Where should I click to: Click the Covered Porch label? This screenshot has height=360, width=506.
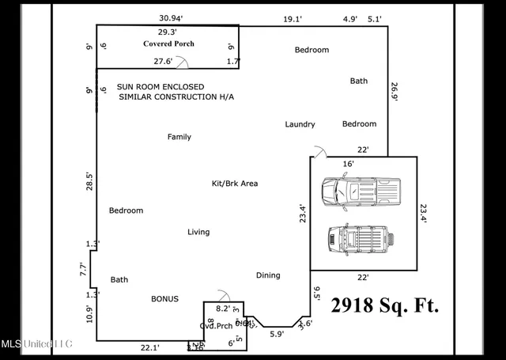(168, 44)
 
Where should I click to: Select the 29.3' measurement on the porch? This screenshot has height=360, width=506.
(167, 32)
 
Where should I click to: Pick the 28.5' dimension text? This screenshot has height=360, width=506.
(89, 180)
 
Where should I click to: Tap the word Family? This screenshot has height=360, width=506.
(179, 137)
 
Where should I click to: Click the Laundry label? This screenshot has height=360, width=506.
(300, 124)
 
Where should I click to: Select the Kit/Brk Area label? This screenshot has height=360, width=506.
(235, 184)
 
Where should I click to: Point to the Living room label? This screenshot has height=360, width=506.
(198, 232)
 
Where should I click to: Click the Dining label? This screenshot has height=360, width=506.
(268, 275)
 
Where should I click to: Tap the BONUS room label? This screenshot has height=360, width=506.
(164, 299)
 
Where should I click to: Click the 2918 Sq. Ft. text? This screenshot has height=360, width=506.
(384, 305)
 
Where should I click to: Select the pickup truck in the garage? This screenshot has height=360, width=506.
(361, 191)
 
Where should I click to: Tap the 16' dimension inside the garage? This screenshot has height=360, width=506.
(348, 164)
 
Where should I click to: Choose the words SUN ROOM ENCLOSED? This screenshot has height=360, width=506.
(160, 87)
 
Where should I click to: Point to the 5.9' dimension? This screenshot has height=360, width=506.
(276, 334)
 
